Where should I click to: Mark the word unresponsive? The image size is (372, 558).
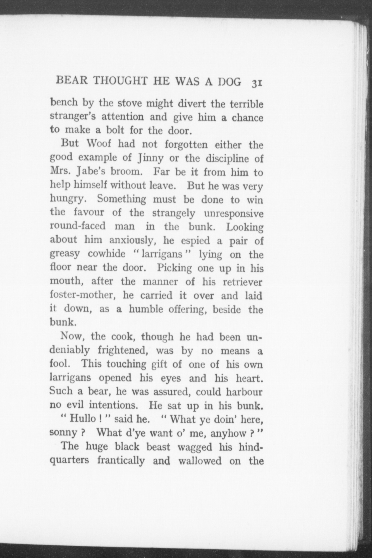(234, 213)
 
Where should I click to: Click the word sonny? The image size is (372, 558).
(63, 433)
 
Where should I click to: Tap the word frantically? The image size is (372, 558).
(121, 461)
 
